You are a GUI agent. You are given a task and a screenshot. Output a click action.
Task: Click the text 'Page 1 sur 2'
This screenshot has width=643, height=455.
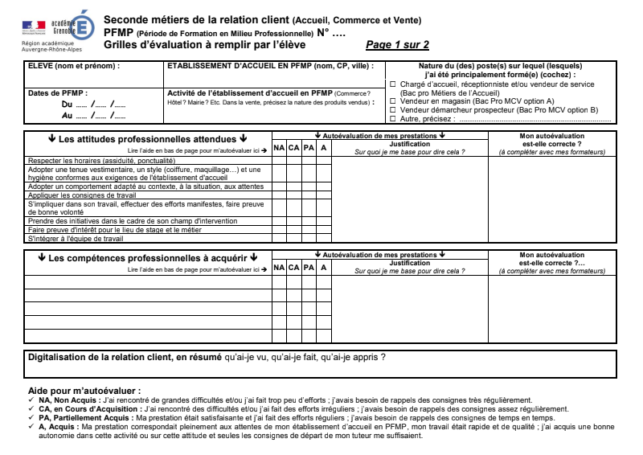(397, 45)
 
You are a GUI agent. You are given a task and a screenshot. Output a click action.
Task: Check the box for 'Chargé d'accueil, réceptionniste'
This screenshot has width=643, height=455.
(393, 84)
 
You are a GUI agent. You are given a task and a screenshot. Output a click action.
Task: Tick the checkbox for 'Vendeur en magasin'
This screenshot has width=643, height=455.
(393, 101)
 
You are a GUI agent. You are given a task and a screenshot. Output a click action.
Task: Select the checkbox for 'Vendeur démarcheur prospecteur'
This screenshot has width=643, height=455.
(393, 109)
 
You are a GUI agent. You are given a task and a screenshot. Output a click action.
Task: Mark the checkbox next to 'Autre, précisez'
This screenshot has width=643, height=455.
(393, 118)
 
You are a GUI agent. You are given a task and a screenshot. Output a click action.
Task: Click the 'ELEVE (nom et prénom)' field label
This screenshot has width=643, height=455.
(73, 66)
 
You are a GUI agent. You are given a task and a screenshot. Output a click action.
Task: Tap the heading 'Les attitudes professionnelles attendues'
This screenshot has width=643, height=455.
(144, 138)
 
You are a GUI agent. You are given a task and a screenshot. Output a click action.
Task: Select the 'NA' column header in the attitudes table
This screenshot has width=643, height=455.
(279, 148)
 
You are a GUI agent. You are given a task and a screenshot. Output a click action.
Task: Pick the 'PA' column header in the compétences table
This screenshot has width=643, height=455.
(309, 267)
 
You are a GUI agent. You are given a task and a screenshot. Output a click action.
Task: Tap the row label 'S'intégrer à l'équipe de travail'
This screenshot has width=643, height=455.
(76, 239)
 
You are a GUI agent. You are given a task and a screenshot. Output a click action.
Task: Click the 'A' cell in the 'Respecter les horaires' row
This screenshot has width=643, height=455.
(323, 161)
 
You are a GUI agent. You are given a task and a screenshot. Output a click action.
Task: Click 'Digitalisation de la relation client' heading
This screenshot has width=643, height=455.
(125, 356)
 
